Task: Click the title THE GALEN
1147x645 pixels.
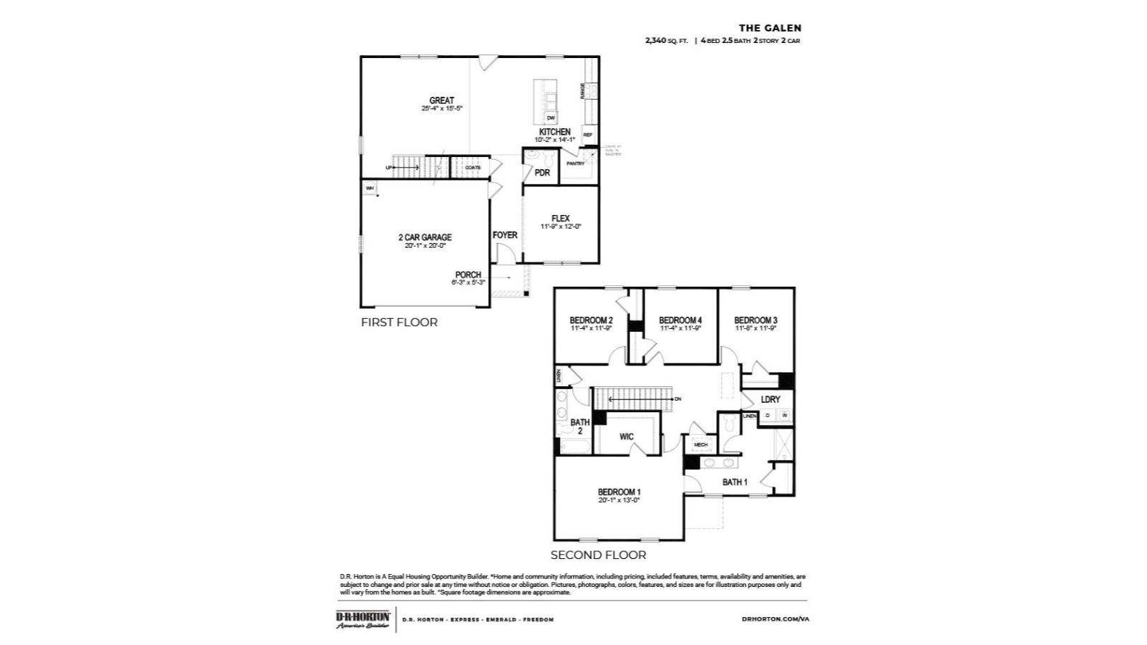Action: click(x=770, y=28)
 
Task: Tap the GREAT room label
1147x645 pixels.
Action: click(x=442, y=100)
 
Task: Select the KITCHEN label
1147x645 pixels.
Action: click(x=555, y=132)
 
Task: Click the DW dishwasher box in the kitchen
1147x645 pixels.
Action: click(x=551, y=118)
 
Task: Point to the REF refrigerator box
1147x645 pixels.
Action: click(x=588, y=135)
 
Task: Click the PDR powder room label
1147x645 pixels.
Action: click(x=542, y=173)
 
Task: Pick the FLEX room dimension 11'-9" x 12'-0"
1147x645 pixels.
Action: click(x=561, y=226)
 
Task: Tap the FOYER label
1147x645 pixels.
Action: click(x=505, y=235)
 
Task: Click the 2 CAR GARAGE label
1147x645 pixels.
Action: click(x=425, y=237)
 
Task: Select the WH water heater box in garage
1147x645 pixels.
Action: click(x=370, y=188)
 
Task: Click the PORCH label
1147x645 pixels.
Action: click(x=468, y=274)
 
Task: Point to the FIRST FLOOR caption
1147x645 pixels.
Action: click(x=399, y=322)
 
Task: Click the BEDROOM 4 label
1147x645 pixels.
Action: click(x=680, y=320)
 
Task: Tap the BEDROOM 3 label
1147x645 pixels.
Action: click(x=756, y=320)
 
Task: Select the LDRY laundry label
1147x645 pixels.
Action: click(x=771, y=399)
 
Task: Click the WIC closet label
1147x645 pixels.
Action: click(x=627, y=436)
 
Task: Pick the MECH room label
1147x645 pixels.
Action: click(x=700, y=445)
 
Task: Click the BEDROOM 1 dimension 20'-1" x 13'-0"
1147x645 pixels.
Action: click(x=619, y=500)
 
